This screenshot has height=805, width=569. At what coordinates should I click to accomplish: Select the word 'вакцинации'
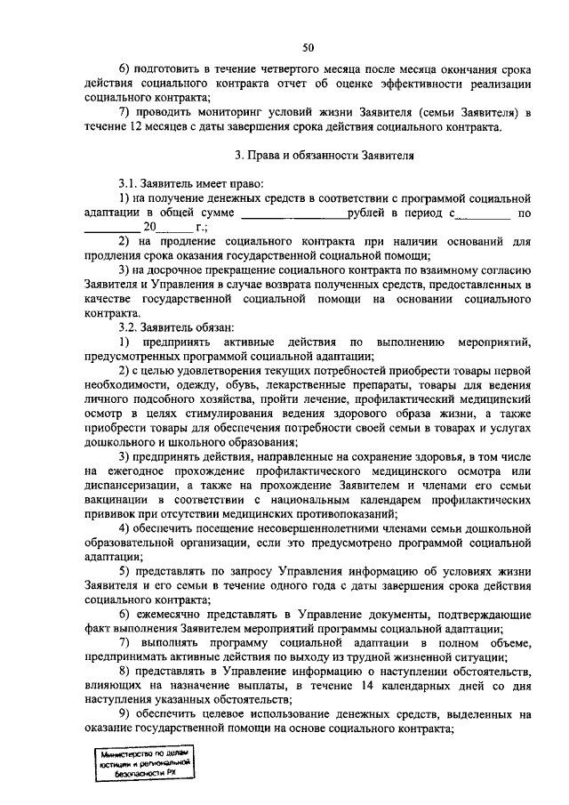(116, 500)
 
